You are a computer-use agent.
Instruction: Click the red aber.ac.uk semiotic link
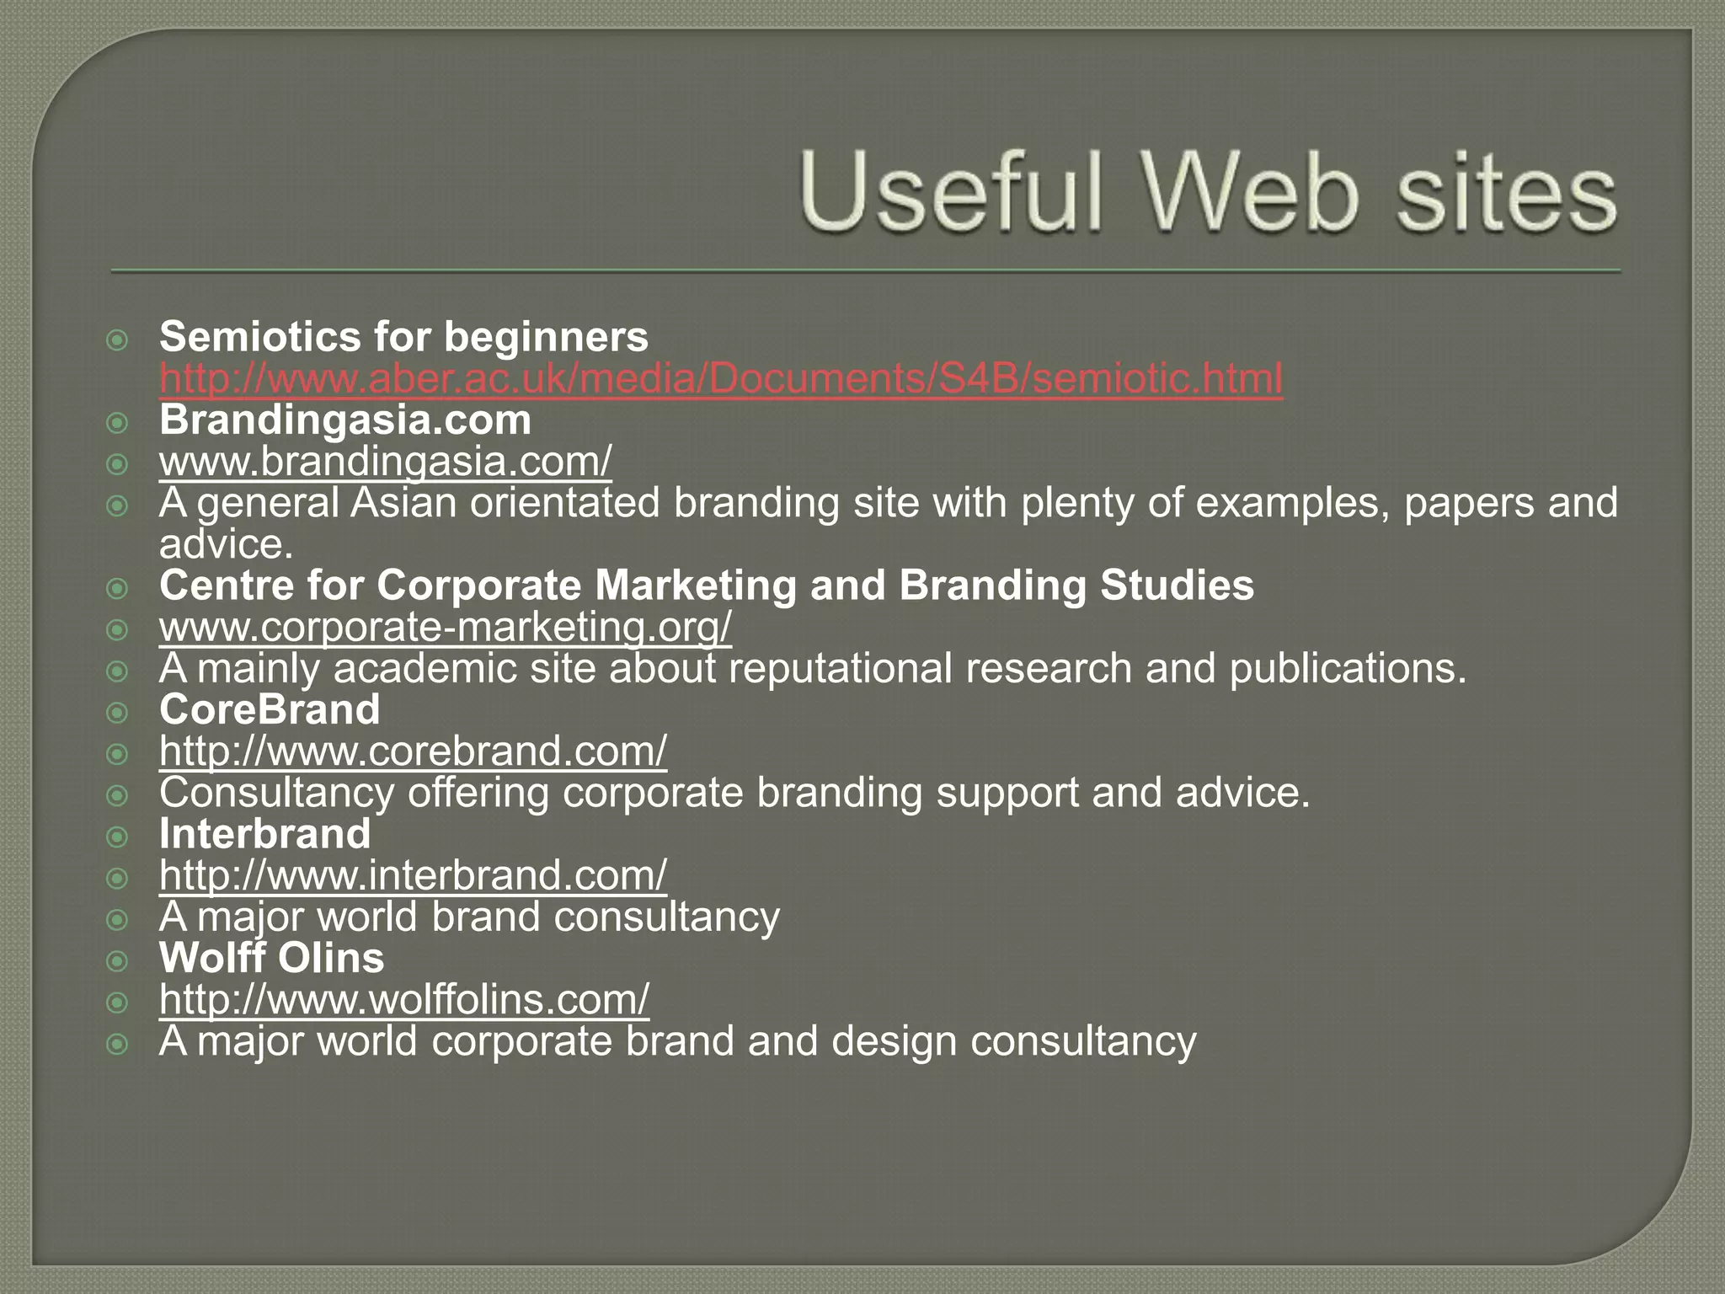(x=721, y=379)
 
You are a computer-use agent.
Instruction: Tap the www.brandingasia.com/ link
(x=385, y=462)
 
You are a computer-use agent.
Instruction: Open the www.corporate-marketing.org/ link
(x=446, y=628)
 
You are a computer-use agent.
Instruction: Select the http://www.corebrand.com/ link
(x=413, y=751)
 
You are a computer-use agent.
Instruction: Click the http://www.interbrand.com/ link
(x=413, y=876)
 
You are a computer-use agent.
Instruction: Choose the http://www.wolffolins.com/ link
(x=404, y=1000)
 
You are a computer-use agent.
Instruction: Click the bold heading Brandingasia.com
(x=345, y=420)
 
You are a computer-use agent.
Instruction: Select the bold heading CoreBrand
(x=270, y=710)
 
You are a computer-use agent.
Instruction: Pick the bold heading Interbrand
(x=264, y=835)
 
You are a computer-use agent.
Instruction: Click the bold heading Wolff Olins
(x=271, y=959)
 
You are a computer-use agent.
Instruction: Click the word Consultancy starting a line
(x=276, y=794)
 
